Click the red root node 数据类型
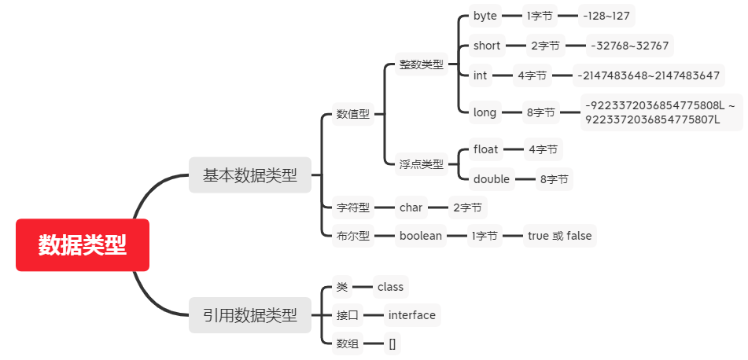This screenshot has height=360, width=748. click(x=83, y=244)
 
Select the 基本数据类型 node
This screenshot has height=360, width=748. click(x=250, y=175)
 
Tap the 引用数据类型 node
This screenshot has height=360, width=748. click(x=250, y=315)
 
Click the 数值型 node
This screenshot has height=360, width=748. click(x=352, y=114)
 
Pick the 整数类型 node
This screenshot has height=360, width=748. click(x=421, y=64)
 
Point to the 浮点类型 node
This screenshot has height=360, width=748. click(x=421, y=164)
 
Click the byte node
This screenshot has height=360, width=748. click(x=485, y=15)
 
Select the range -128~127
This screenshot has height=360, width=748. click(x=606, y=15)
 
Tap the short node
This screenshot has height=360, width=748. click(x=487, y=46)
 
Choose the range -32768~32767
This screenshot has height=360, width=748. click(x=629, y=46)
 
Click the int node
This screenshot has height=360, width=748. click(x=481, y=76)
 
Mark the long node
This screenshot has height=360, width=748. click(x=485, y=112)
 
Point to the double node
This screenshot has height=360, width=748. click(x=492, y=179)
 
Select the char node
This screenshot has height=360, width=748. click(x=411, y=208)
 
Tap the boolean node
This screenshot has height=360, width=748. click(x=420, y=236)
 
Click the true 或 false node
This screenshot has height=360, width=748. click(x=560, y=236)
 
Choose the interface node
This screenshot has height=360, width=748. click(x=411, y=315)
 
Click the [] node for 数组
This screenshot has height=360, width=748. click(x=392, y=343)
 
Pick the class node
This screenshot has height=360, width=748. click(x=390, y=287)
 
